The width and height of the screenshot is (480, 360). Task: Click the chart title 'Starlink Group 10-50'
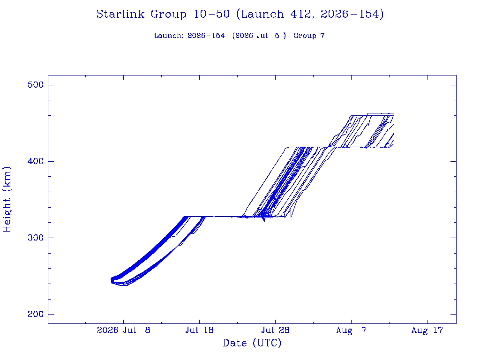pyautogui.click(x=163, y=14)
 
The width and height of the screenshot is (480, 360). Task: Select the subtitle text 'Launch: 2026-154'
pyautogui.click(x=189, y=36)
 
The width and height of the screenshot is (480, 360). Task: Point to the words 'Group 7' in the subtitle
pyautogui.click(x=309, y=36)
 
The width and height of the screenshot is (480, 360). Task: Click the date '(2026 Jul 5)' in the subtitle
pyautogui.click(x=259, y=36)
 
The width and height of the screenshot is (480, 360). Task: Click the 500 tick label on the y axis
pyautogui.click(x=36, y=85)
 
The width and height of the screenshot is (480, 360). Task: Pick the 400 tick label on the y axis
pyautogui.click(x=36, y=161)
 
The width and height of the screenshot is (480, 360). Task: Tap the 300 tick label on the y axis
pyautogui.click(x=36, y=238)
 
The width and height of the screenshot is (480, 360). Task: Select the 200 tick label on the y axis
pyautogui.click(x=36, y=314)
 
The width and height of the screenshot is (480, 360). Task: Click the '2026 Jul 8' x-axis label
pyautogui.click(x=124, y=330)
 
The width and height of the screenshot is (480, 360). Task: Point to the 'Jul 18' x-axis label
pyautogui.click(x=199, y=330)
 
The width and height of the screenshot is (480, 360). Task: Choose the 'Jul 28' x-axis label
pyautogui.click(x=275, y=330)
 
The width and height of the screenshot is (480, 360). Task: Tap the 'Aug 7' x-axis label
pyautogui.click(x=351, y=330)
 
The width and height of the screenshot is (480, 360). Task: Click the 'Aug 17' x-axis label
pyautogui.click(x=427, y=330)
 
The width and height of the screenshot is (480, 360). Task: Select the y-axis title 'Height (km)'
pyautogui.click(x=7, y=200)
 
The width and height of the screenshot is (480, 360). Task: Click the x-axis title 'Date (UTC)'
pyautogui.click(x=252, y=343)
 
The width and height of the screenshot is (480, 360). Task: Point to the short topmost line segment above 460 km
pyautogui.click(x=381, y=113)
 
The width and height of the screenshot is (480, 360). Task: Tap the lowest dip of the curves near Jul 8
pyautogui.click(x=124, y=285)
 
